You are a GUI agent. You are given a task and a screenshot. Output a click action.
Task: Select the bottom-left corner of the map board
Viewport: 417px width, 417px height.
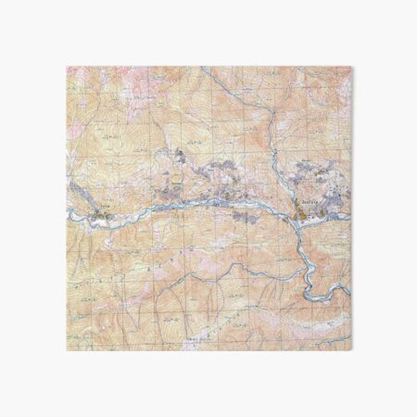[67, 351]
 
